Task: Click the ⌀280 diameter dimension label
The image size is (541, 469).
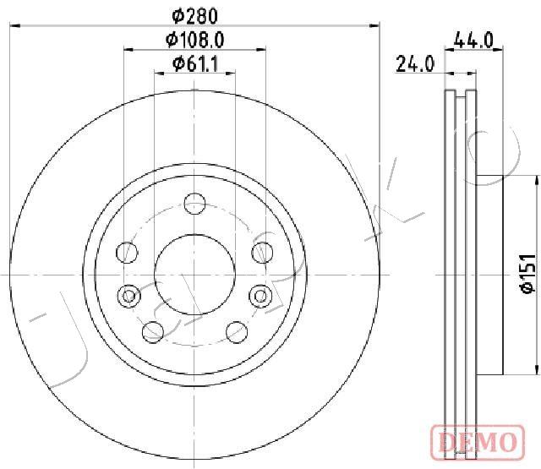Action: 195,16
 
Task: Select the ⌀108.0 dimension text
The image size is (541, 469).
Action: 195,40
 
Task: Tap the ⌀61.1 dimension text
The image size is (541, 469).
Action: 195,63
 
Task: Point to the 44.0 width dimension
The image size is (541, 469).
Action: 473,40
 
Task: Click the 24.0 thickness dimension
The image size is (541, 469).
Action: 415,64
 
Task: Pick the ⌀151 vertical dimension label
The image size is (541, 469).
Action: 528,274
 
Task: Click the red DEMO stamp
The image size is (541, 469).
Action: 478,443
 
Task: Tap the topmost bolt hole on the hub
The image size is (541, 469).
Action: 194,204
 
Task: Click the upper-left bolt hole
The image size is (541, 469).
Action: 127,253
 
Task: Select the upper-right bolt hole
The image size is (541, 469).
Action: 263,253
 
